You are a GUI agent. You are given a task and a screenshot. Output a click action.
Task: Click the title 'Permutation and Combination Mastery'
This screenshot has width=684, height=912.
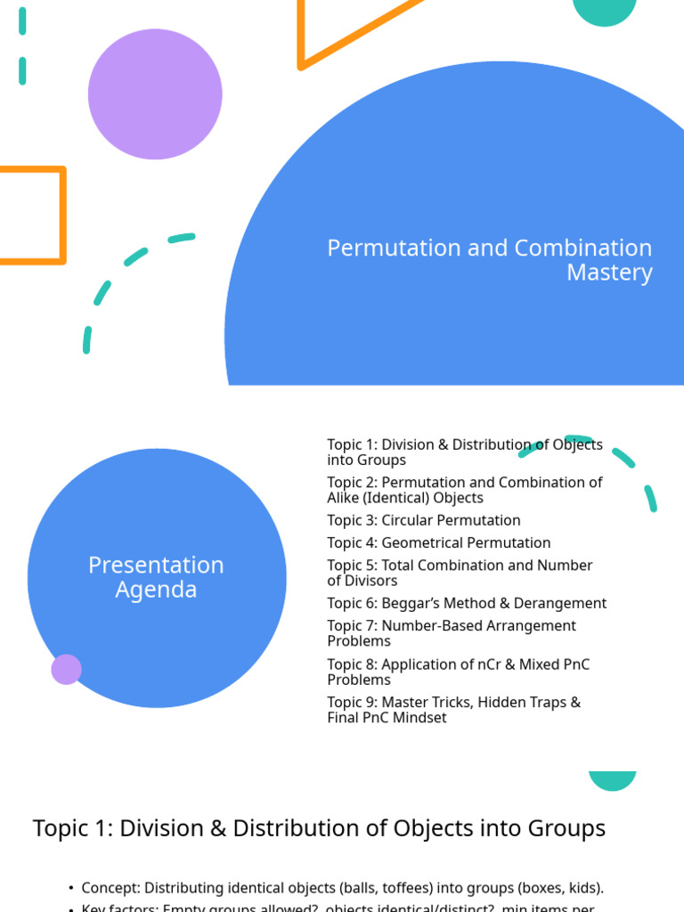pyautogui.click(x=489, y=260)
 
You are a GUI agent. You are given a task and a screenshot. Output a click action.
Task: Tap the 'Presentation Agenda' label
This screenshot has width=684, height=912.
pyautogui.click(x=156, y=577)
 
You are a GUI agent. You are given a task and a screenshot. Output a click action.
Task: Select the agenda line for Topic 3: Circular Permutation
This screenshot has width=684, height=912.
pyautogui.click(x=423, y=520)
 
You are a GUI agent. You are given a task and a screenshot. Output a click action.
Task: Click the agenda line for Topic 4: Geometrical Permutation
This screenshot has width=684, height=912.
pyautogui.click(x=438, y=542)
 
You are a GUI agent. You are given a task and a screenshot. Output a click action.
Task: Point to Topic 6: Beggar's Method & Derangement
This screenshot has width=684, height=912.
pyautogui.click(x=466, y=603)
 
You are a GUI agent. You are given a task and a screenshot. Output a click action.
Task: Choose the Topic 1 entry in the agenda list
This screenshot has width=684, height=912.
pyautogui.click(x=464, y=452)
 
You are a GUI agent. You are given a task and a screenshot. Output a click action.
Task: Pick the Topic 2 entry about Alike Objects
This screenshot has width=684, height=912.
pyautogui.click(x=464, y=490)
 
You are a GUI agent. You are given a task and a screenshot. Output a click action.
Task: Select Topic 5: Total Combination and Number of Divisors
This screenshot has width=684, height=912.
pyautogui.click(x=460, y=573)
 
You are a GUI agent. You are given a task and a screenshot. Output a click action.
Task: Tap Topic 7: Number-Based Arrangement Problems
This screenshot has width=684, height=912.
pyautogui.click(x=451, y=633)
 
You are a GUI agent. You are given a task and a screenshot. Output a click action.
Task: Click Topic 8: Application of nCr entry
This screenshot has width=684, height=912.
pyautogui.click(x=458, y=672)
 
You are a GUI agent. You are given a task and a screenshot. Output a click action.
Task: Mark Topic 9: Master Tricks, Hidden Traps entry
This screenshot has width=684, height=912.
pyautogui.click(x=453, y=710)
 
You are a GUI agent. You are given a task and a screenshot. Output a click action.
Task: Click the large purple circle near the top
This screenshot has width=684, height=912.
pyautogui.click(x=155, y=94)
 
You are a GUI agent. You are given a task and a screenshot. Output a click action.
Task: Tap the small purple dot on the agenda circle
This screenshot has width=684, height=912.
pyautogui.click(x=67, y=669)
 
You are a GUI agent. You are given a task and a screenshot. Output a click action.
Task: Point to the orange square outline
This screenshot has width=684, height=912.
pyautogui.click(x=31, y=216)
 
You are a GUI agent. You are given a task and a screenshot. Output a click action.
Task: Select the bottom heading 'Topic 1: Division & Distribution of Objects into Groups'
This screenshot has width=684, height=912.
pyautogui.click(x=319, y=828)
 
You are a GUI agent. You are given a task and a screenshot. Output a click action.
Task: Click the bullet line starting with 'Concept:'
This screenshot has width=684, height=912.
pyautogui.click(x=342, y=888)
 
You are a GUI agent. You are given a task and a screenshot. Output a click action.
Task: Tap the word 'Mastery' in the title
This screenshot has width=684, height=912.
pyautogui.click(x=609, y=273)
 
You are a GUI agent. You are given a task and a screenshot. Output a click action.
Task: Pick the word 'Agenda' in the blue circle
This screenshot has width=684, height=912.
pyautogui.click(x=156, y=590)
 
